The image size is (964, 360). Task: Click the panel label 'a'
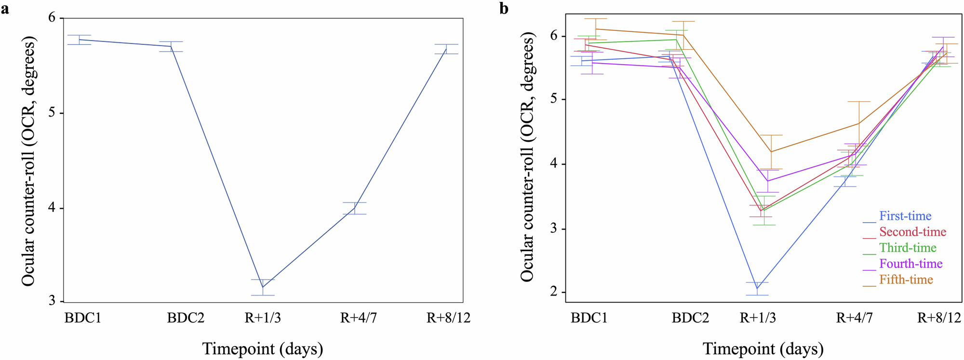[5, 9]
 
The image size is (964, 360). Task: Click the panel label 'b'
[504, 9]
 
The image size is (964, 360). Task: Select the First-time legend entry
[905, 216]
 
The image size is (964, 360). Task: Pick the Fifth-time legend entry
[906, 280]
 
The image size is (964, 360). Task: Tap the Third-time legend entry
[908, 248]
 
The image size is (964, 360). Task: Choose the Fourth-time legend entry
[910, 264]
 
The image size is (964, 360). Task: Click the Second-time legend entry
[912, 232]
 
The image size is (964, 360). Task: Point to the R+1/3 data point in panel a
[262, 287]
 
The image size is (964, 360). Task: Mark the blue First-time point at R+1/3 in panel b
[757, 289]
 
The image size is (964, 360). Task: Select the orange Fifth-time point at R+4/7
[858, 123]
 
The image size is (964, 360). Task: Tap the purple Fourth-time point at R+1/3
[767, 181]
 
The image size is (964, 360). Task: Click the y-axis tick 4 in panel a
[53, 208]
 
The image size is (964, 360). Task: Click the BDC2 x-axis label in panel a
[186, 318]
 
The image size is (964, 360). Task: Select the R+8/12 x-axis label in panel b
[938, 318]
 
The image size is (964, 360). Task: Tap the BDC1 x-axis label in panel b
[589, 318]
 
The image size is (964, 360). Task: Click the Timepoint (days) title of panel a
[262, 348]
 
